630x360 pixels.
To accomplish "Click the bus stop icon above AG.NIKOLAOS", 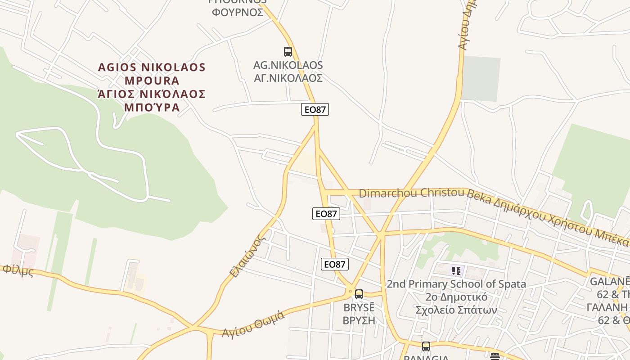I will [x=288, y=51].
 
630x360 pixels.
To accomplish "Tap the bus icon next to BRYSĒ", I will [x=359, y=294].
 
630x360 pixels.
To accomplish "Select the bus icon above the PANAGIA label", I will [x=426, y=346].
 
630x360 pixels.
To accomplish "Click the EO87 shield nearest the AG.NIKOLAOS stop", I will [x=315, y=109].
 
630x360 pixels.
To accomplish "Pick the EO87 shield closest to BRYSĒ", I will [x=335, y=264].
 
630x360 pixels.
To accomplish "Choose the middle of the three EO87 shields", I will [x=326, y=214].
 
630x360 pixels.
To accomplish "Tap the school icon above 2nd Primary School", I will [x=456, y=271].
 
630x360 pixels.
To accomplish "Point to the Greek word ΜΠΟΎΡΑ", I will [x=152, y=108].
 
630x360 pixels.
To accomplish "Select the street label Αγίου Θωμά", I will [x=253, y=324].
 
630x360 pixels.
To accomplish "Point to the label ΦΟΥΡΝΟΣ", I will [x=238, y=12].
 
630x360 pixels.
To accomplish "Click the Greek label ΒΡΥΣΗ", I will [x=359, y=321].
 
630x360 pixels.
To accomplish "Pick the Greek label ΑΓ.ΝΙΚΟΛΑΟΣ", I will [x=288, y=78].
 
